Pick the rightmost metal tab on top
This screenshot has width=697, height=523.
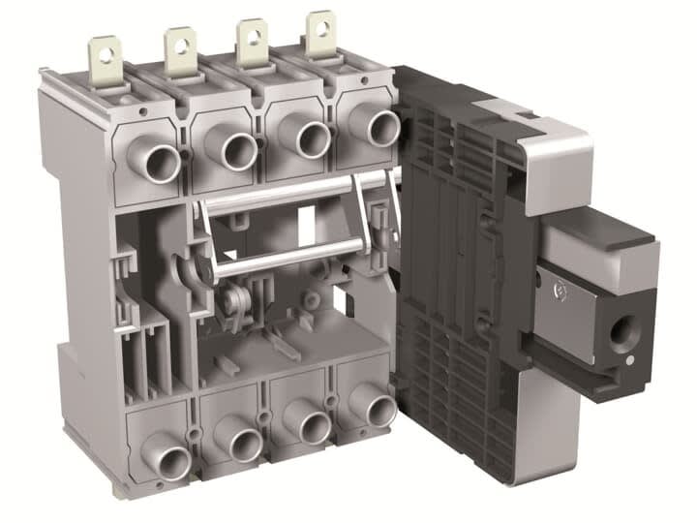point(320,28)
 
